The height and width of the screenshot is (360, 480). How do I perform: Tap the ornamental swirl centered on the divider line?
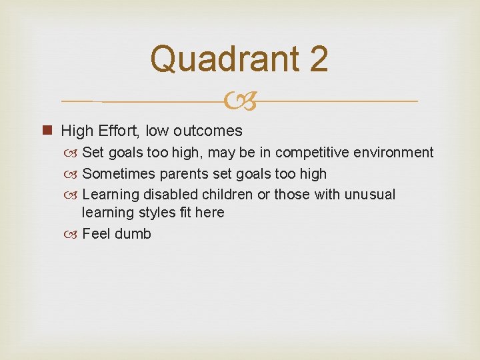point(240,102)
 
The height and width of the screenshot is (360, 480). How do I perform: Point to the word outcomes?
point(209,130)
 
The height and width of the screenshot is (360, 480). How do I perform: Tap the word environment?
point(397,153)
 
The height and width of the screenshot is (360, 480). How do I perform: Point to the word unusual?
point(370,195)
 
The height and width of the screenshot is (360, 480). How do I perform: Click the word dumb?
point(133,234)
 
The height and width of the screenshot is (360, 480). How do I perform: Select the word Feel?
point(96,234)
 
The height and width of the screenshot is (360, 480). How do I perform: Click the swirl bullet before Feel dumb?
point(73,234)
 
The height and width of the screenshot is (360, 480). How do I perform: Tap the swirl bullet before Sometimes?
point(73,174)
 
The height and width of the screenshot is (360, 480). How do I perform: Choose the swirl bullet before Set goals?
point(73,153)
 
